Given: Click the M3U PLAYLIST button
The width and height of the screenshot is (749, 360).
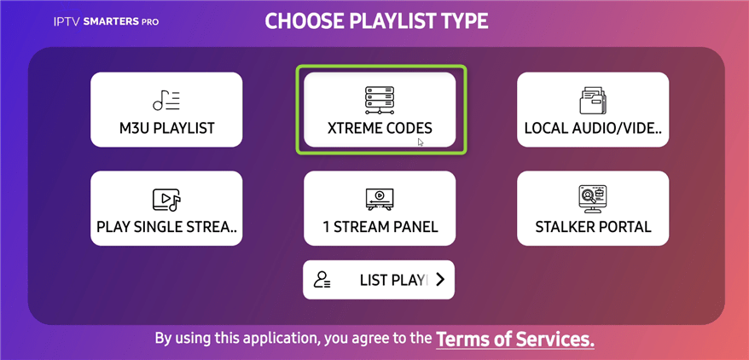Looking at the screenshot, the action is [x=166, y=110].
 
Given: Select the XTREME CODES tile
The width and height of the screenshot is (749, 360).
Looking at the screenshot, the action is [x=380, y=110].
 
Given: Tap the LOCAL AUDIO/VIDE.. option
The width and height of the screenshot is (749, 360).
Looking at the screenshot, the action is [x=593, y=110].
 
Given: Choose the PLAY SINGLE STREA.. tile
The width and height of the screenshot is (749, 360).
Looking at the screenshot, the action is [x=166, y=208].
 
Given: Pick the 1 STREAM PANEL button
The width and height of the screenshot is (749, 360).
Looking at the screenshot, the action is [x=380, y=208].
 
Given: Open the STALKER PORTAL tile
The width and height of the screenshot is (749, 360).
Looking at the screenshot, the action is [x=593, y=208].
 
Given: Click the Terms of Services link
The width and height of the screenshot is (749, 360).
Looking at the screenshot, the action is [x=515, y=340].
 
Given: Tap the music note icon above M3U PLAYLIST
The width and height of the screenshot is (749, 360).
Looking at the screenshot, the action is [x=166, y=101].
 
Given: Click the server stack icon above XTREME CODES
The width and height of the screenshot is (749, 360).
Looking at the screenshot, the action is [x=380, y=100].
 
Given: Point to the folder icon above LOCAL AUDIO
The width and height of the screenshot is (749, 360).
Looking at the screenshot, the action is [x=593, y=101].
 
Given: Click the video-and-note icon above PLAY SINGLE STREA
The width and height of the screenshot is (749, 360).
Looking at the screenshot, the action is [x=166, y=200].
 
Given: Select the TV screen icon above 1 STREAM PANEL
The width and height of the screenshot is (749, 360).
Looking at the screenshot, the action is [x=380, y=199].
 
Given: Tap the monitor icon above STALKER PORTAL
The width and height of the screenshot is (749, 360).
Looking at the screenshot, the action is [x=592, y=199].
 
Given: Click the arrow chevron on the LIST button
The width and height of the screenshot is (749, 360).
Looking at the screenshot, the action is [x=440, y=280].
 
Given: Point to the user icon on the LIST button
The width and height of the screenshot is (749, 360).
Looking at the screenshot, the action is [x=322, y=280].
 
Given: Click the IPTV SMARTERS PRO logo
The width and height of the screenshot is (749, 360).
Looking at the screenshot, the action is [x=106, y=22].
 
